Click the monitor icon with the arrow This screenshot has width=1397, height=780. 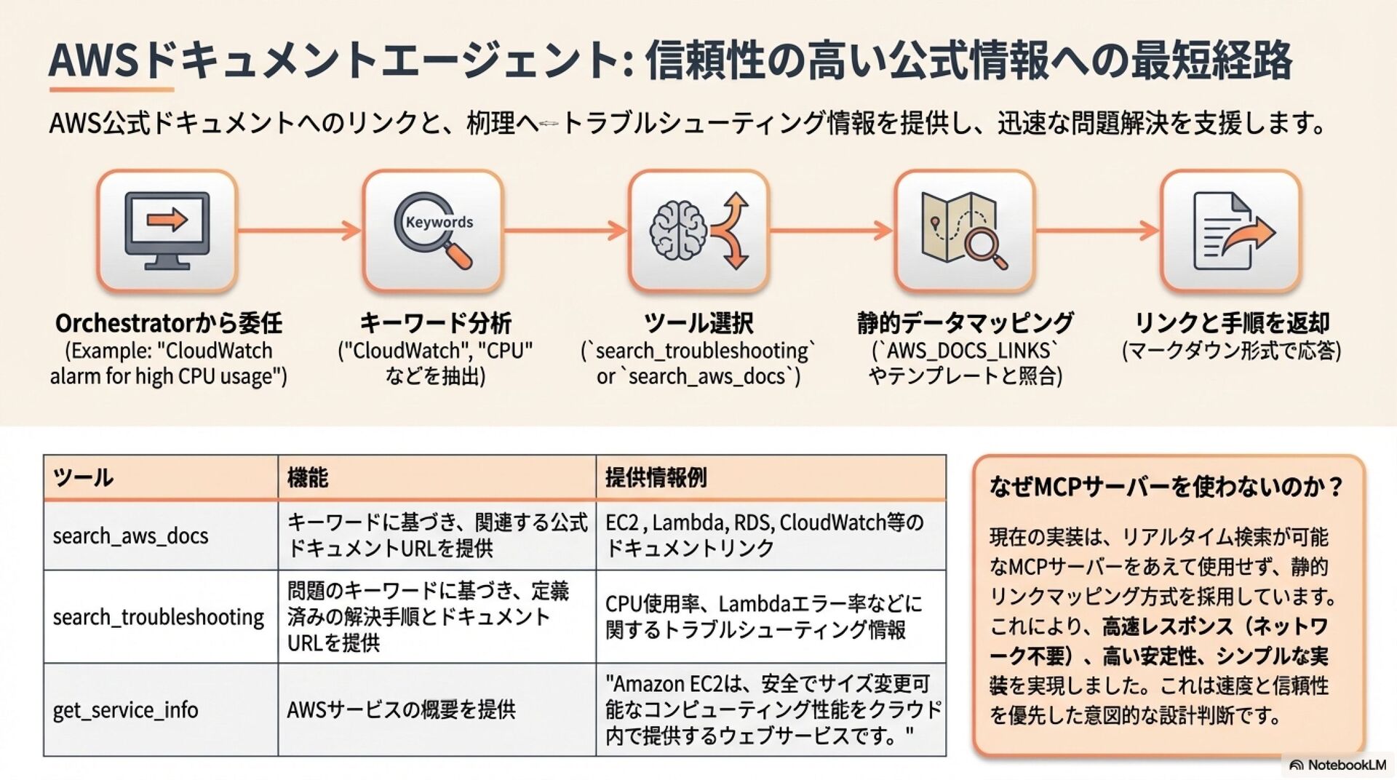(x=167, y=231)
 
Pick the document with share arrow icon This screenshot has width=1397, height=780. (x=1230, y=231)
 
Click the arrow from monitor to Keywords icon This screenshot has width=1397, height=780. (x=299, y=231)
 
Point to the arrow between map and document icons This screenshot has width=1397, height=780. (x=1096, y=231)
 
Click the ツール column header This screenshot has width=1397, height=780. (x=83, y=478)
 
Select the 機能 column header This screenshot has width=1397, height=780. (x=308, y=478)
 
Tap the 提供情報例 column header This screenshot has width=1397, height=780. (x=656, y=478)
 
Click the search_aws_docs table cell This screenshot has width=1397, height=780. (x=131, y=536)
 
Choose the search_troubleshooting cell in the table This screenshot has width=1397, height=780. (x=159, y=617)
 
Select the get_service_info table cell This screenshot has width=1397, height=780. (x=126, y=710)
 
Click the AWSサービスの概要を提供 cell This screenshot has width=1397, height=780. (x=401, y=710)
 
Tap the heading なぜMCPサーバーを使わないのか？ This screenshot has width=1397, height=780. (x=1166, y=487)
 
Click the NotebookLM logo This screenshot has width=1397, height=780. (x=1337, y=765)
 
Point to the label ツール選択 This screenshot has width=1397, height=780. (x=698, y=323)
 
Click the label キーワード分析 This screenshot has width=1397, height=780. (x=435, y=323)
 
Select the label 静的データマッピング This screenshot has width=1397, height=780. (x=965, y=323)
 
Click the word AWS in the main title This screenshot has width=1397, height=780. (x=93, y=60)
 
